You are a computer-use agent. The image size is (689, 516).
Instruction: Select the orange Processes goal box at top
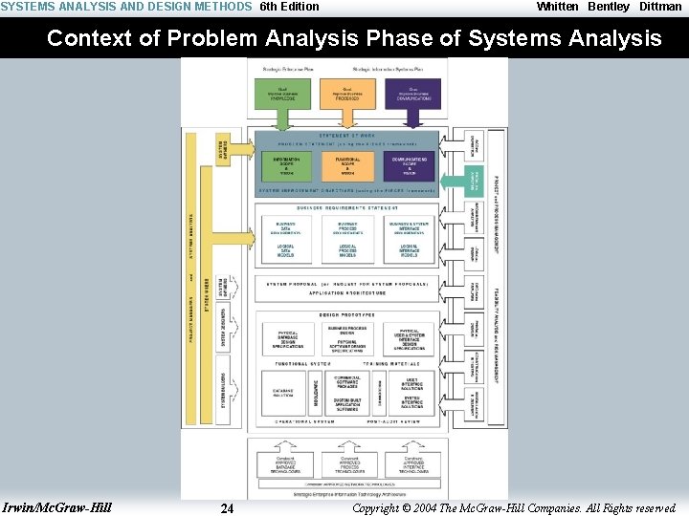[x=345, y=93]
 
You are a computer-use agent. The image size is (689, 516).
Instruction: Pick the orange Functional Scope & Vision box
[x=346, y=165]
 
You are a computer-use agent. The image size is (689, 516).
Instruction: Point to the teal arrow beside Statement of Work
[x=471, y=179]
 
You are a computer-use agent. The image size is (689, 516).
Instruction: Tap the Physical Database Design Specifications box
[x=288, y=340]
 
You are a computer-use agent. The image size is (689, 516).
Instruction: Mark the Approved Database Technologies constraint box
[x=285, y=462]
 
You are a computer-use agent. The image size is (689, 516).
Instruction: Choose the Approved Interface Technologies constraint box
[x=411, y=462]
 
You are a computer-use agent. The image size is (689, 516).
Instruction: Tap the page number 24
[x=227, y=508]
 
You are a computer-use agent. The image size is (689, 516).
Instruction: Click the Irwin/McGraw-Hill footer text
[x=57, y=507]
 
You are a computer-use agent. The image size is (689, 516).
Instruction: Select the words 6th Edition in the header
[x=289, y=7]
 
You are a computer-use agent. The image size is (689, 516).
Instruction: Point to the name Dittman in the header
[x=660, y=7]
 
